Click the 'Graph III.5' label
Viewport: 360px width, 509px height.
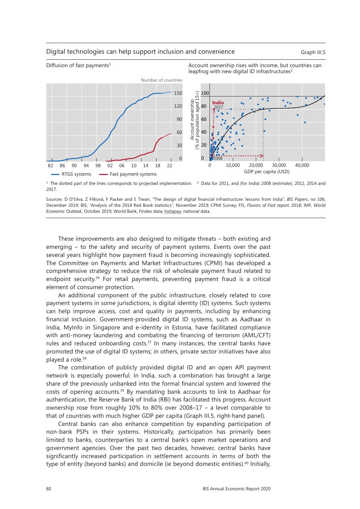313,52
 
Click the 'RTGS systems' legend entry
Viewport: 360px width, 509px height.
76,174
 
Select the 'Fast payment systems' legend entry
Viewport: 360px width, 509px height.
133,174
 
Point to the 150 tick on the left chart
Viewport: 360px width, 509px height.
178,93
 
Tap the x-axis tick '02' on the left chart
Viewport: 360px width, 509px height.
110,165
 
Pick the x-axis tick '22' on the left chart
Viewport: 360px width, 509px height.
170,165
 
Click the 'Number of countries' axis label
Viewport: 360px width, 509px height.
161,80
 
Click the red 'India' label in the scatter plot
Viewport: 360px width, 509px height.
218,103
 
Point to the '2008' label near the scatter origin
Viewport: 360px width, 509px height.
218,158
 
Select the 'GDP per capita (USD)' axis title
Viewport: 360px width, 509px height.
266,172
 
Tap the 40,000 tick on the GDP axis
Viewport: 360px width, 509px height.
302,165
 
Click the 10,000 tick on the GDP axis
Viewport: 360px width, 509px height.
232,165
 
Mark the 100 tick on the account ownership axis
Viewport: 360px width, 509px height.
205,93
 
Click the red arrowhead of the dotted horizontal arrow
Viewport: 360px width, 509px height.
262,156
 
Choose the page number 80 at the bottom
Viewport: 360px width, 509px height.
49,489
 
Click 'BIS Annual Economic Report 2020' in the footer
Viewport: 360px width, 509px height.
236,489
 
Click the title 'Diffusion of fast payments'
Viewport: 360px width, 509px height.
77,65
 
